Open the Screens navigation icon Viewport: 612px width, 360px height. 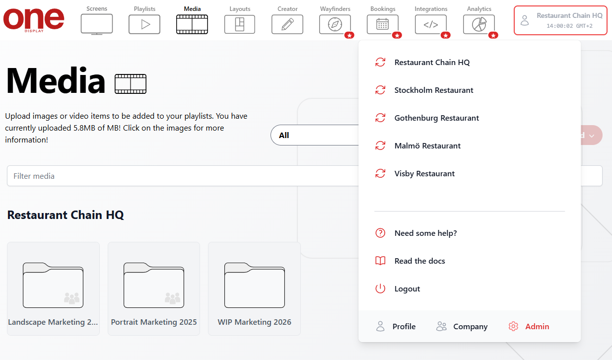[x=97, y=24]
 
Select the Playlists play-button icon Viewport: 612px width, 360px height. [x=144, y=24]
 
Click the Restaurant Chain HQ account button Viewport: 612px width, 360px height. [x=560, y=20]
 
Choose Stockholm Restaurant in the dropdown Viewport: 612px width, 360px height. [x=433, y=90]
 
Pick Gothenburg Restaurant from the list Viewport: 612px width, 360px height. [x=436, y=118]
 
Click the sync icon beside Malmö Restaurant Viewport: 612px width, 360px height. [x=380, y=146]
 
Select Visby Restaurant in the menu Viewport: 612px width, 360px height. [x=424, y=174]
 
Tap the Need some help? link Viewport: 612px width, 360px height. [x=425, y=233]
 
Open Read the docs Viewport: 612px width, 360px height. [x=419, y=261]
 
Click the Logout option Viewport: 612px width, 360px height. [x=407, y=289]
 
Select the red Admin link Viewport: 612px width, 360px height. [x=537, y=327]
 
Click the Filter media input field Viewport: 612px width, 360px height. [x=179, y=176]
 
